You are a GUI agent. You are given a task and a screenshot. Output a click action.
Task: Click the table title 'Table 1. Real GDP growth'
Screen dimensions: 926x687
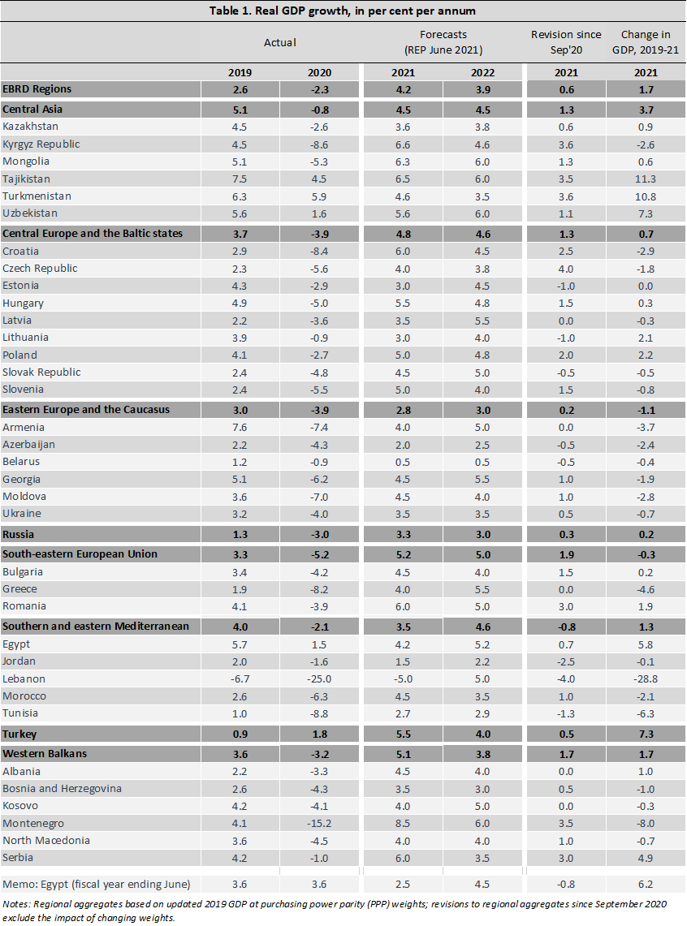343,11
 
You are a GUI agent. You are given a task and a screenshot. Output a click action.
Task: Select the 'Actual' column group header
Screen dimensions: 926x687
280,42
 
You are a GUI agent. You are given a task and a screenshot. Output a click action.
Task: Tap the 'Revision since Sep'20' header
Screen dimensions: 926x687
566,41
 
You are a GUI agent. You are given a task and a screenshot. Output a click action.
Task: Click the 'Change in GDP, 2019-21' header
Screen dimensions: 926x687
646,41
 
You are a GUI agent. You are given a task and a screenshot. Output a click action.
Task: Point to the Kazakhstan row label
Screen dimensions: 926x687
31,127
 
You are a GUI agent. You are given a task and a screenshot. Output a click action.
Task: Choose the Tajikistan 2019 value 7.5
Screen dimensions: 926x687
239,179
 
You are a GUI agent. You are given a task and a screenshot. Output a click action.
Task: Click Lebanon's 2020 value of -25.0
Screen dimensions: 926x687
320,678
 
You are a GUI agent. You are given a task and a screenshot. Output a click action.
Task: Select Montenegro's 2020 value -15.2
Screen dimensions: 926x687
320,823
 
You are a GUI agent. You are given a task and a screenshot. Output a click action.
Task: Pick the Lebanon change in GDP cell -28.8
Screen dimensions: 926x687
646,678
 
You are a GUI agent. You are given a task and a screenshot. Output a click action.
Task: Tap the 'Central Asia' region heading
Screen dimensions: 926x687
32,109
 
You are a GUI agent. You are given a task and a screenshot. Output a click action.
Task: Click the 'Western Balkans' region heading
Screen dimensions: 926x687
45,753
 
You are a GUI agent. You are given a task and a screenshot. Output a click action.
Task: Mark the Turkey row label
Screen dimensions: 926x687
19,734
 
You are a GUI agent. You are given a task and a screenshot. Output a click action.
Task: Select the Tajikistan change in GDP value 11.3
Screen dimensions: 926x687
646,179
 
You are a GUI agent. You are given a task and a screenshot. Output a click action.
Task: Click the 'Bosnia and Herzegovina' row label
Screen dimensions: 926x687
58,789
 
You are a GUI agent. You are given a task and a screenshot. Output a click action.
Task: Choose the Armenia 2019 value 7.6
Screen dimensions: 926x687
239,428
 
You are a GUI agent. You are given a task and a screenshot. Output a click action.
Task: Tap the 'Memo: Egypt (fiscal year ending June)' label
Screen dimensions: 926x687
97,885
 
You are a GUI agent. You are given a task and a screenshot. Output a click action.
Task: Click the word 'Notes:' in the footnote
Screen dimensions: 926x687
16,903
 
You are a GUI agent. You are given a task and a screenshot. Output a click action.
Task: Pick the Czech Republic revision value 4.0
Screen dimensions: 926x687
566,268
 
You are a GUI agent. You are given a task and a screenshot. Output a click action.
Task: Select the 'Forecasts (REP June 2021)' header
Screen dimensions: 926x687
443,42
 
